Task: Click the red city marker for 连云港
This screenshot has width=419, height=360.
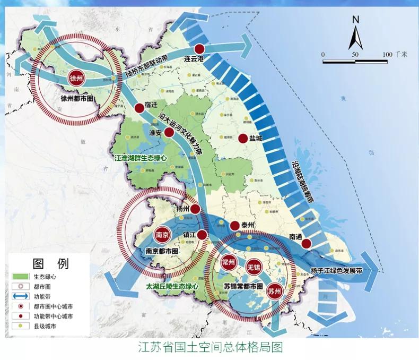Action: click(x=199, y=48)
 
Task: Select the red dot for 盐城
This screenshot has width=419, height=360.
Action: click(x=243, y=139)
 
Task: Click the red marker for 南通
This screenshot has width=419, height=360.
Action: click(x=307, y=244)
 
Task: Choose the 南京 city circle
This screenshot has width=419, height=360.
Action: click(x=162, y=234)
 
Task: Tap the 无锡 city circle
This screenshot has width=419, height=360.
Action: click(x=252, y=264)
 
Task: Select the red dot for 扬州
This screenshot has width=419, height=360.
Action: click(x=196, y=209)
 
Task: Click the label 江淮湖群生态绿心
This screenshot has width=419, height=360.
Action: click(x=141, y=158)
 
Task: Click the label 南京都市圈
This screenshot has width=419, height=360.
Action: click(x=162, y=250)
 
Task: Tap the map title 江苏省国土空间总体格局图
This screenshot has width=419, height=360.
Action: click(x=210, y=348)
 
